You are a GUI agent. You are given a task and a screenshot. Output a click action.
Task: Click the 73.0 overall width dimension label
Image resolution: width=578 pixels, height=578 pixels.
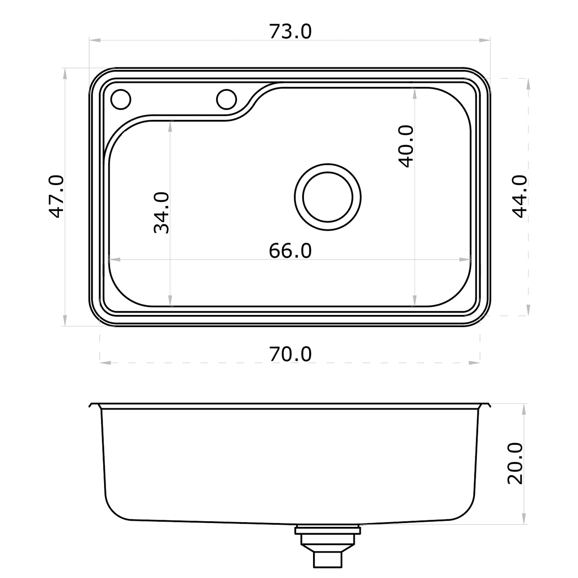[290, 32]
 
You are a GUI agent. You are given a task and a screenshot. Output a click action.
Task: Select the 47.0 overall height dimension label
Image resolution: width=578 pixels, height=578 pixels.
[57, 197]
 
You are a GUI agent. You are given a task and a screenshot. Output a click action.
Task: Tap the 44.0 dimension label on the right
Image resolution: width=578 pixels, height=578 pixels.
[520, 197]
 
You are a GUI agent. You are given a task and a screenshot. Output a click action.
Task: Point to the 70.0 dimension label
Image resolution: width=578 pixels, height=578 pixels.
[290, 355]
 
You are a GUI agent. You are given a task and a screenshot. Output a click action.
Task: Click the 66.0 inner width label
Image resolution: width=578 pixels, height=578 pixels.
[290, 251]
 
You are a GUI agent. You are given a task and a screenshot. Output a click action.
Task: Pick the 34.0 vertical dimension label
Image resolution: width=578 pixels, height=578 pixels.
[162, 213]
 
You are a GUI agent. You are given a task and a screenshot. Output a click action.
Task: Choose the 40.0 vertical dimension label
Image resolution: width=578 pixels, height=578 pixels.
[406, 146]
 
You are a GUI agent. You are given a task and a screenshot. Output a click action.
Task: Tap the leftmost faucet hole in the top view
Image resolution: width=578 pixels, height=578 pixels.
[120, 100]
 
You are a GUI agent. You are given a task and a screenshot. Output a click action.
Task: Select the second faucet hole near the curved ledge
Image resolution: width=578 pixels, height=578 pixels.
[226, 100]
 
